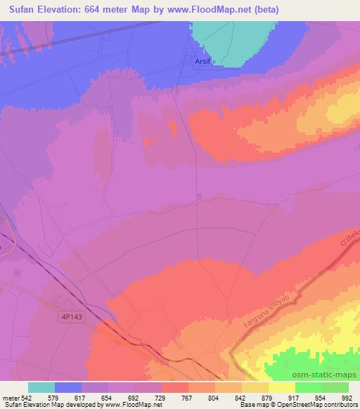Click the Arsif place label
202,62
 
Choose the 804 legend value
214,397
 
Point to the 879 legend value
266,397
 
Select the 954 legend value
319,397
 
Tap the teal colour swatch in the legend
41,387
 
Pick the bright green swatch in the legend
308,387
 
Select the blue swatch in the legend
67,387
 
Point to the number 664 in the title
104,9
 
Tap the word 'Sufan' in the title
18,9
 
